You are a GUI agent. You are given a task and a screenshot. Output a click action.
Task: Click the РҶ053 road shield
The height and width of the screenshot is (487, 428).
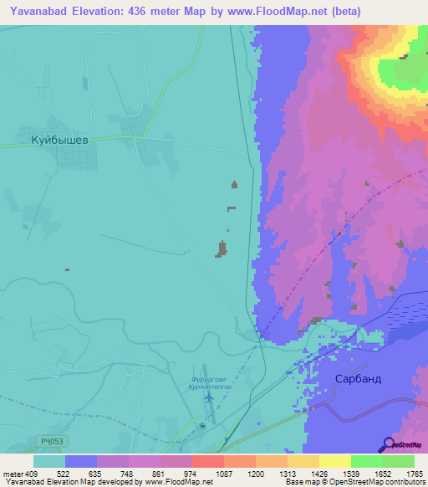pos(50,440)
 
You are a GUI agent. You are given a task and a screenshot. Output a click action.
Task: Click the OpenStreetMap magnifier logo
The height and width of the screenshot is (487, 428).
pos(389,444)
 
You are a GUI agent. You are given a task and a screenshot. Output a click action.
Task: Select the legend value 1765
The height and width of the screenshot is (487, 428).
pos(413,474)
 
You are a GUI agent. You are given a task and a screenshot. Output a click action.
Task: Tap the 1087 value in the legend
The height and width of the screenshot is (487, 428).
pos(223,474)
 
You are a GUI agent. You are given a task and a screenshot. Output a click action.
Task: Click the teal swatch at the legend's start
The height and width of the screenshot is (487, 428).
pos(48,461)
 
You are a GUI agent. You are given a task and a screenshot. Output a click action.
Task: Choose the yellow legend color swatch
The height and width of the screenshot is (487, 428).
pos(334,461)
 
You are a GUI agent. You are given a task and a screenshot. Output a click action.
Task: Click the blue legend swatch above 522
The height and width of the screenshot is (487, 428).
pos(80,461)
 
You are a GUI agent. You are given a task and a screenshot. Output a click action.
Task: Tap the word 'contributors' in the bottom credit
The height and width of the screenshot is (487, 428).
pos(404,482)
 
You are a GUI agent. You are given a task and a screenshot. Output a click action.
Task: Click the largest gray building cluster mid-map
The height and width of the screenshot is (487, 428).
pos(222,249)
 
